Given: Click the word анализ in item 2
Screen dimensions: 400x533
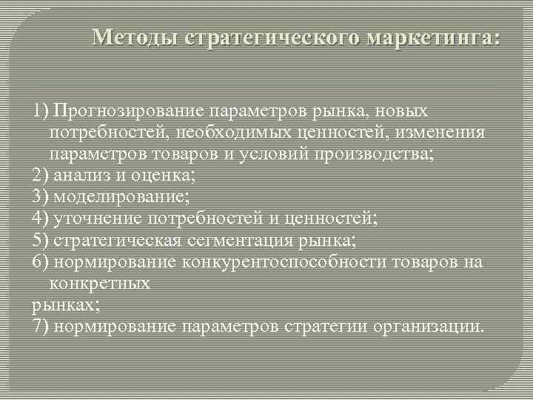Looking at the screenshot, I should pyautogui.click(x=80, y=176).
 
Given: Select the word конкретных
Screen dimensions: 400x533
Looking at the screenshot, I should pyautogui.click(x=100, y=283).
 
